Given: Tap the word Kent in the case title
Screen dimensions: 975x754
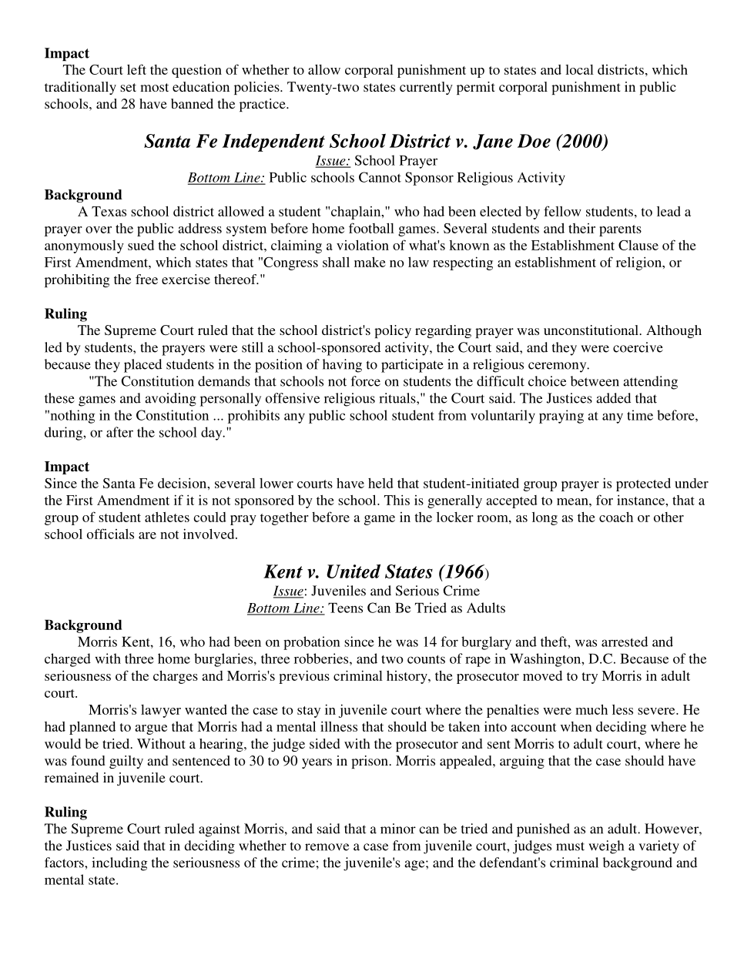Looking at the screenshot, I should (283, 572).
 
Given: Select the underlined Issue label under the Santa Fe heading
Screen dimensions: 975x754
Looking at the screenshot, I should (333, 161).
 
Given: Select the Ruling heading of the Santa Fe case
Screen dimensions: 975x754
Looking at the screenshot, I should (65, 313).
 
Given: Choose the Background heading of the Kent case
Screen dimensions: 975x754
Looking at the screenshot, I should (82, 625).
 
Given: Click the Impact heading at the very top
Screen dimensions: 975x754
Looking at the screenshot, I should (66, 53).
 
